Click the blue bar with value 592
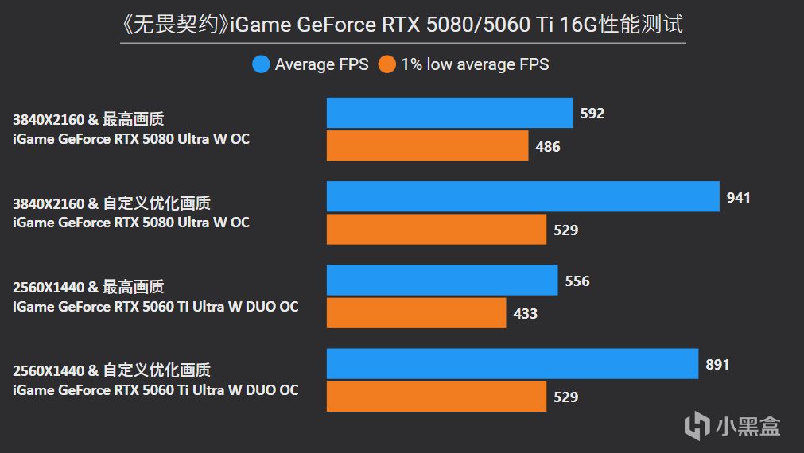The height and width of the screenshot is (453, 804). pyautogui.click(x=449, y=113)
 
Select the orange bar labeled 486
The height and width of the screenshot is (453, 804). pyautogui.click(x=427, y=146)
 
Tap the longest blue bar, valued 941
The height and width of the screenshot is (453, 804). pyautogui.click(x=522, y=197)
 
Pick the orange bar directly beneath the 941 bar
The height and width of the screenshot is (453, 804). pyautogui.click(x=437, y=230)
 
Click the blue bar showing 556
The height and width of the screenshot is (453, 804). pyautogui.click(x=442, y=281)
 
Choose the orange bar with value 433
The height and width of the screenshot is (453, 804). pyautogui.click(x=416, y=313)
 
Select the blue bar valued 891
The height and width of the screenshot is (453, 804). pyautogui.click(x=512, y=364)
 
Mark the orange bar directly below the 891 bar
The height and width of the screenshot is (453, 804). pyautogui.click(x=437, y=397)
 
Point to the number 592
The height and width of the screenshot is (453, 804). pyautogui.click(x=592, y=114)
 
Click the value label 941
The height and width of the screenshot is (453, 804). pyautogui.click(x=738, y=198)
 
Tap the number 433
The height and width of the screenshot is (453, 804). pyautogui.click(x=526, y=314)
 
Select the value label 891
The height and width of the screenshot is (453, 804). pyautogui.click(x=717, y=365)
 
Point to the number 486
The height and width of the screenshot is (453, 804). pyautogui.click(x=548, y=147)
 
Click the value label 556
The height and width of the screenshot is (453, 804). pyautogui.click(x=577, y=281)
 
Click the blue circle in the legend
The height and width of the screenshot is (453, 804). pyautogui.click(x=261, y=64)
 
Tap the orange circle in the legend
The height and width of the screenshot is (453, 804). pyautogui.click(x=387, y=64)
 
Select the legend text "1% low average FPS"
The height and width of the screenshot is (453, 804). pyautogui.click(x=475, y=64)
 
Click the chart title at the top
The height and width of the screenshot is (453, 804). pyautogui.click(x=402, y=25)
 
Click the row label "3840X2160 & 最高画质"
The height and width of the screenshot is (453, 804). pyautogui.click(x=88, y=120)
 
